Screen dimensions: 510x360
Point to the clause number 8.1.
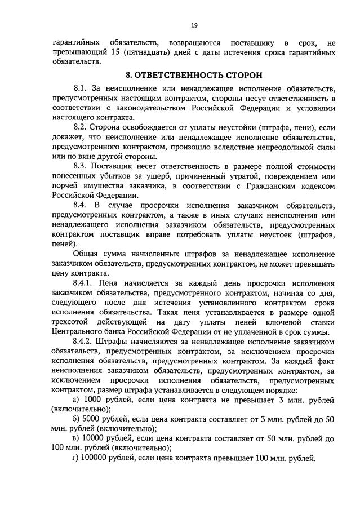click(x=82, y=88)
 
